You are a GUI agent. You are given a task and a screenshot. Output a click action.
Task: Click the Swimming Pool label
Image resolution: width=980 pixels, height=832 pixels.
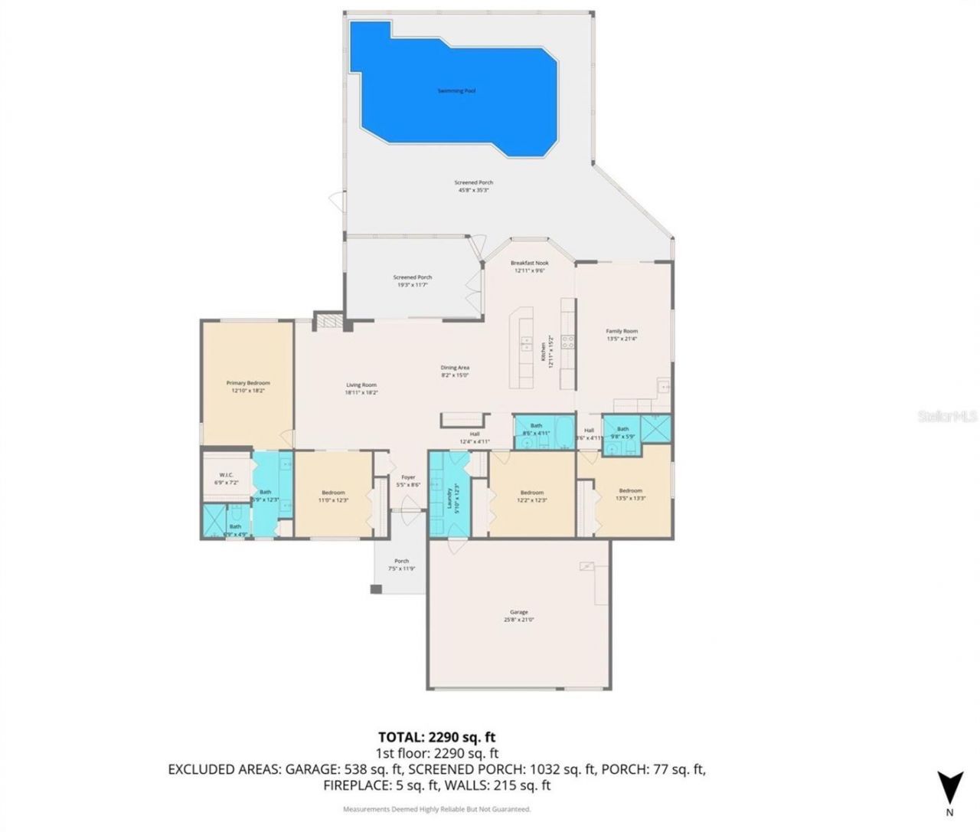coord(456,90)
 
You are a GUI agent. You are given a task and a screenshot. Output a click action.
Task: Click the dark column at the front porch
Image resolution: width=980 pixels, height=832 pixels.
coord(375,589)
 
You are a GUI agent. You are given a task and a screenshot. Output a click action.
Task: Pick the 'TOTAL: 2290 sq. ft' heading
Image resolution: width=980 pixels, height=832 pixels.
coord(442,737)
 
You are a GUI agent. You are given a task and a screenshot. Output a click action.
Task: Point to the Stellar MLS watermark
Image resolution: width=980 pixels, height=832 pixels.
coord(948,417)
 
